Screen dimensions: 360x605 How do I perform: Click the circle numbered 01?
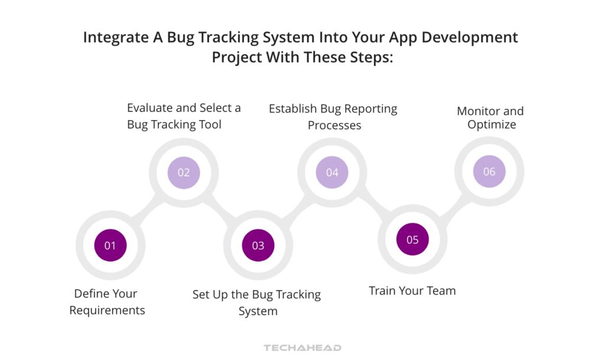tap(110, 245)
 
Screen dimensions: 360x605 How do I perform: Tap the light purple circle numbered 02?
tap(184, 173)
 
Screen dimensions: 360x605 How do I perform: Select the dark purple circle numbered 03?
tap(258, 245)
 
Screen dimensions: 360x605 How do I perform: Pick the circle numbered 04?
tap(332, 173)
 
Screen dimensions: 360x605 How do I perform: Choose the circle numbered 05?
tap(412, 239)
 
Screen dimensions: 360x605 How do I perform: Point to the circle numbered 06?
tap(489, 171)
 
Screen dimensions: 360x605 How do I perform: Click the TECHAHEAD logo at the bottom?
tap(302, 348)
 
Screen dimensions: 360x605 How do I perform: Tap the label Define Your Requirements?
tap(106, 301)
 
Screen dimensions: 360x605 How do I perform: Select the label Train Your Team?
tap(412, 290)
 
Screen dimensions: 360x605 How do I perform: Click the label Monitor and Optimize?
tap(490, 118)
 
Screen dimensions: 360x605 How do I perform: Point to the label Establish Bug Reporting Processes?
tap(333, 116)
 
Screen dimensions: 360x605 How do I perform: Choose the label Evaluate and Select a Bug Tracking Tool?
tap(184, 116)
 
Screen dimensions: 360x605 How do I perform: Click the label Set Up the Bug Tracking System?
tap(257, 302)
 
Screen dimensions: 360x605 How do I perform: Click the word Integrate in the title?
tap(111, 37)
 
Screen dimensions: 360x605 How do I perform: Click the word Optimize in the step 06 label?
tap(492, 125)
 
